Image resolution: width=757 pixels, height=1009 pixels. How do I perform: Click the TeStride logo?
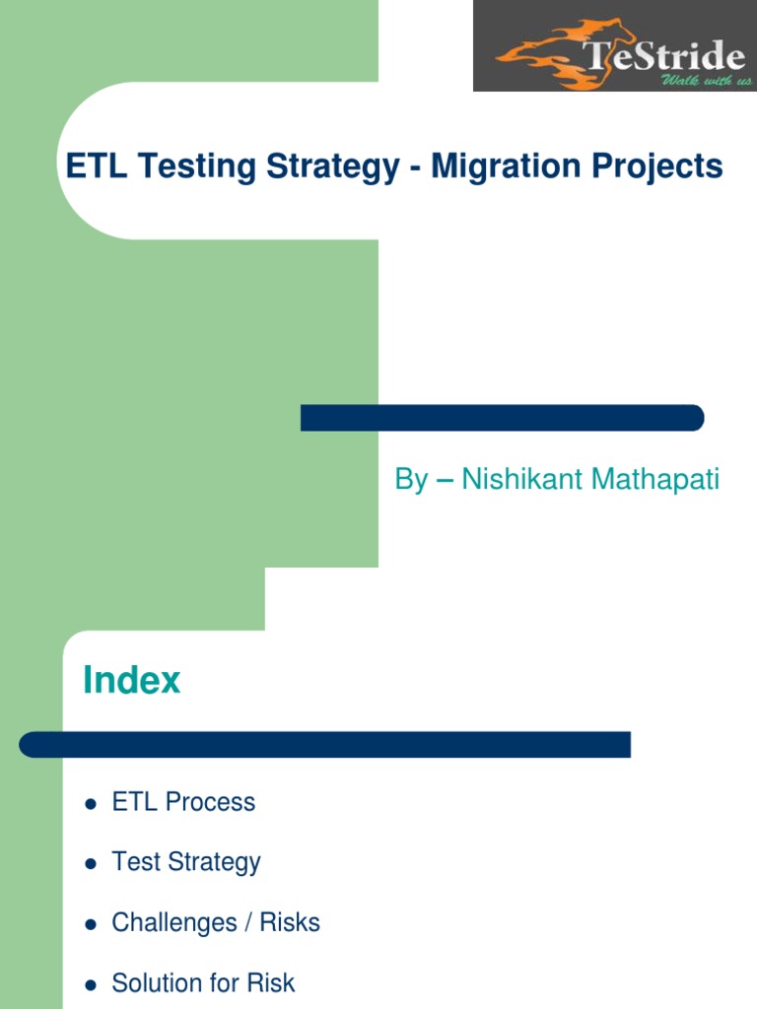[x=614, y=45]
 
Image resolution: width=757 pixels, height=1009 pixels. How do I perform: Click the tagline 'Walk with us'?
[x=706, y=80]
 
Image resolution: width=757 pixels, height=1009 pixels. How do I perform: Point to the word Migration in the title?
[x=500, y=167]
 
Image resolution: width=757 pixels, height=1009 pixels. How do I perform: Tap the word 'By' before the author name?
[x=411, y=480]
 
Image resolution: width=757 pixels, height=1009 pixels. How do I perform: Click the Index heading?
[x=132, y=680]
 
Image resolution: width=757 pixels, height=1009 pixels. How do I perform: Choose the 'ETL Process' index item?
[x=183, y=802]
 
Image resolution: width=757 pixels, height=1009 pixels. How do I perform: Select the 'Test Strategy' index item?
[x=186, y=862]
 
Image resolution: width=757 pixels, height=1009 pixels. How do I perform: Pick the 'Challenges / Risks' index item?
[x=216, y=922]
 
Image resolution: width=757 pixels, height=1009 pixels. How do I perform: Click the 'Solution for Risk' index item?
[x=203, y=982]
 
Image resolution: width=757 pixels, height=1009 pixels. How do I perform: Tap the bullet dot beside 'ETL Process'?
[x=91, y=804]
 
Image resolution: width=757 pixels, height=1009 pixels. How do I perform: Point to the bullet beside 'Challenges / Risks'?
[x=91, y=924]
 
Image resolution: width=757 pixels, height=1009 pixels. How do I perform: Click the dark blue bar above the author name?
[x=502, y=418]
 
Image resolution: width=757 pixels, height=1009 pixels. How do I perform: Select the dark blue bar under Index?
[x=324, y=744]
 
